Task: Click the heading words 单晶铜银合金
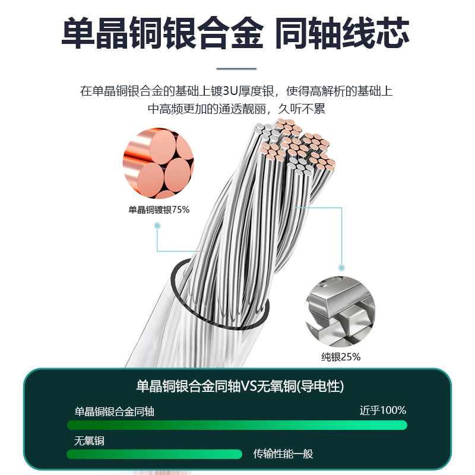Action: pos(162,34)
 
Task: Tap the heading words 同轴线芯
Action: pos(342,34)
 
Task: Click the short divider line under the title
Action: pos(237,69)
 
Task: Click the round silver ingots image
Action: pos(340,311)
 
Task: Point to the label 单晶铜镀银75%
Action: pos(159,210)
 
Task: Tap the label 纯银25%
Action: pos(341,357)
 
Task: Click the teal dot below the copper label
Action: pos(157,226)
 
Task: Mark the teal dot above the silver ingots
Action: pos(341,268)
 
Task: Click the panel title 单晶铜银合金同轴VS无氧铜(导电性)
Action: pos(240,387)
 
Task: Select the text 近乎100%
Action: pos(382,410)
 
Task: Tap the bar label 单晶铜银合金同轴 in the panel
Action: pos(114,411)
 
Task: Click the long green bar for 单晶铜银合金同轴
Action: pos(237,425)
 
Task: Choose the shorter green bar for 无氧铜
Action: pos(154,454)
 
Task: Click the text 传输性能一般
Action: pos(283,454)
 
